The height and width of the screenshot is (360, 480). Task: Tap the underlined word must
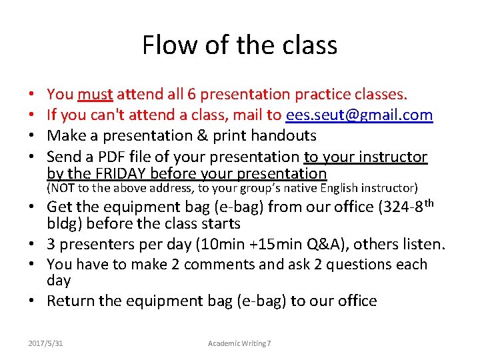[x=95, y=95]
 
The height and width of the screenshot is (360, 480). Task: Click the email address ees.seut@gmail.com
[x=359, y=115]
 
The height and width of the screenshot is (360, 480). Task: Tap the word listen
[x=422, y=245]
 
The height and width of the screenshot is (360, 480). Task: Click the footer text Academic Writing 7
[x=239, y=343]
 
